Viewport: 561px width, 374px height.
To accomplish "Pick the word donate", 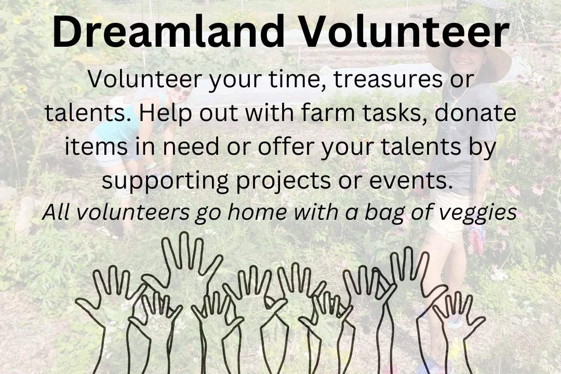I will point(476,114).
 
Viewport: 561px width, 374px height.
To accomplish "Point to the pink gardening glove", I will point(477,239).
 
